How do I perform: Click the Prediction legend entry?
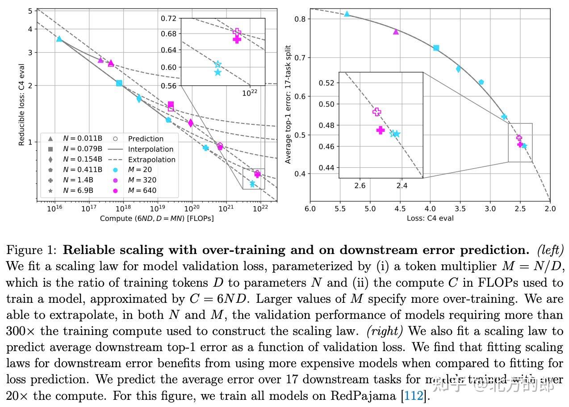146,139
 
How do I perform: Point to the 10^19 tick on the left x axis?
157,208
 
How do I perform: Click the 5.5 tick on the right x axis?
340,208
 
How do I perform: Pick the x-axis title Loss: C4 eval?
430,218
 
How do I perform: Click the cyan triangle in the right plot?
347,14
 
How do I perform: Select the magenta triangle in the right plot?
396,31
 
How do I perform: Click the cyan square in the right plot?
436,48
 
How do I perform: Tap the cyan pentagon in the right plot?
481,82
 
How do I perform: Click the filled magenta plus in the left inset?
237,39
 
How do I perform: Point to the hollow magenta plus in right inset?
377,112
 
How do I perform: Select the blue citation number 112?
413,396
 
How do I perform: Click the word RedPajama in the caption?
364,396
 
